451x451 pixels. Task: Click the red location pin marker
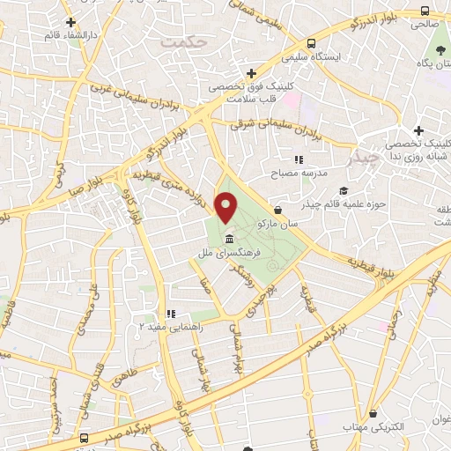(227, 210)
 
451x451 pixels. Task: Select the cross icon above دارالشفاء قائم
(70, 22)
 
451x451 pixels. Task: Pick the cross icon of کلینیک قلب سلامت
(252, 73)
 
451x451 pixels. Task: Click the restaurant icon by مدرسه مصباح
(299, 159)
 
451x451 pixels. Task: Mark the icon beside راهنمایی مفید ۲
(171, 314)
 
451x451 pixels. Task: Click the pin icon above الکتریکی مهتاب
(375, 411)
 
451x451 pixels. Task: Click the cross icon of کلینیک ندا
(418, 130)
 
